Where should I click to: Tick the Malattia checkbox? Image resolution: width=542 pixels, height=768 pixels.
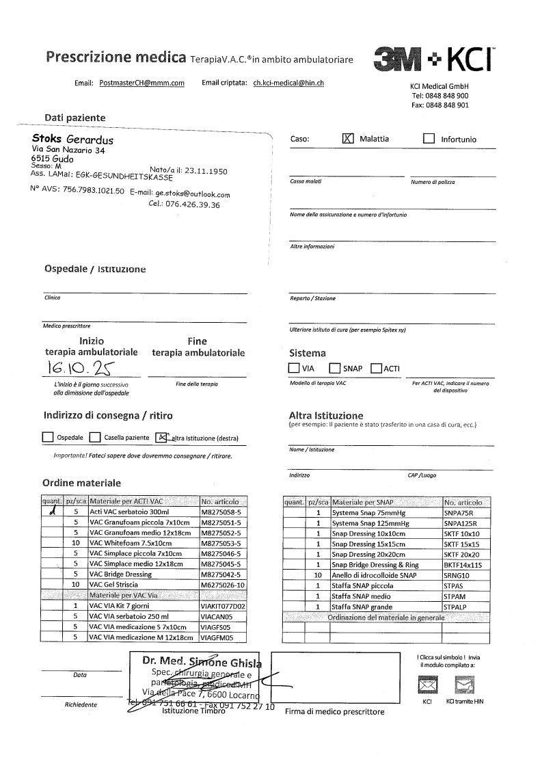tap(348, 138)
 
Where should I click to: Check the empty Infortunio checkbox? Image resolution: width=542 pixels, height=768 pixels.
tap(429, 139)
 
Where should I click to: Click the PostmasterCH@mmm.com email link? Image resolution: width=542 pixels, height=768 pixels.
tap(142, 83)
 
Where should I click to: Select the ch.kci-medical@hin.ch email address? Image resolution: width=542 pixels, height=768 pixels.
tap(288, 83)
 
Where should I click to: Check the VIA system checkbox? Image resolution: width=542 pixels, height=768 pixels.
tap(294, 369)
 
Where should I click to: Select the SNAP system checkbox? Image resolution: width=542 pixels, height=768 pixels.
tap(335, 369)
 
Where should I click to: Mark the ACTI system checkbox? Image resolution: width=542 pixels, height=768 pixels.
tap(376, 369)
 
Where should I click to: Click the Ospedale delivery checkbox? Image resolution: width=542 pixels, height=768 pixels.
tap(48, 437)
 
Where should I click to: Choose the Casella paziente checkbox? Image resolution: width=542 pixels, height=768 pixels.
tap(96, 437)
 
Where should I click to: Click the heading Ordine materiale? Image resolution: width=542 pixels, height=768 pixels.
tap(81, 482)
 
